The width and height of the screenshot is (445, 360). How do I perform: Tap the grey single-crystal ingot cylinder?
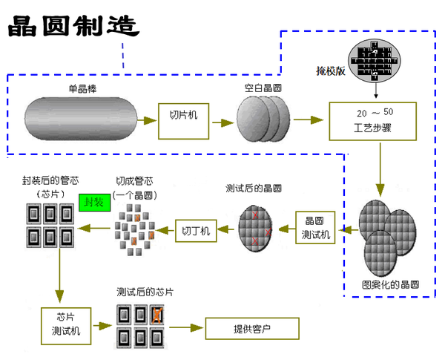(81, 117)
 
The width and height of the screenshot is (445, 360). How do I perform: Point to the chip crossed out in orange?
(157, 316)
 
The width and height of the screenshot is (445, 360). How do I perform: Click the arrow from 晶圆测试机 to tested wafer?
(285, 231)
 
